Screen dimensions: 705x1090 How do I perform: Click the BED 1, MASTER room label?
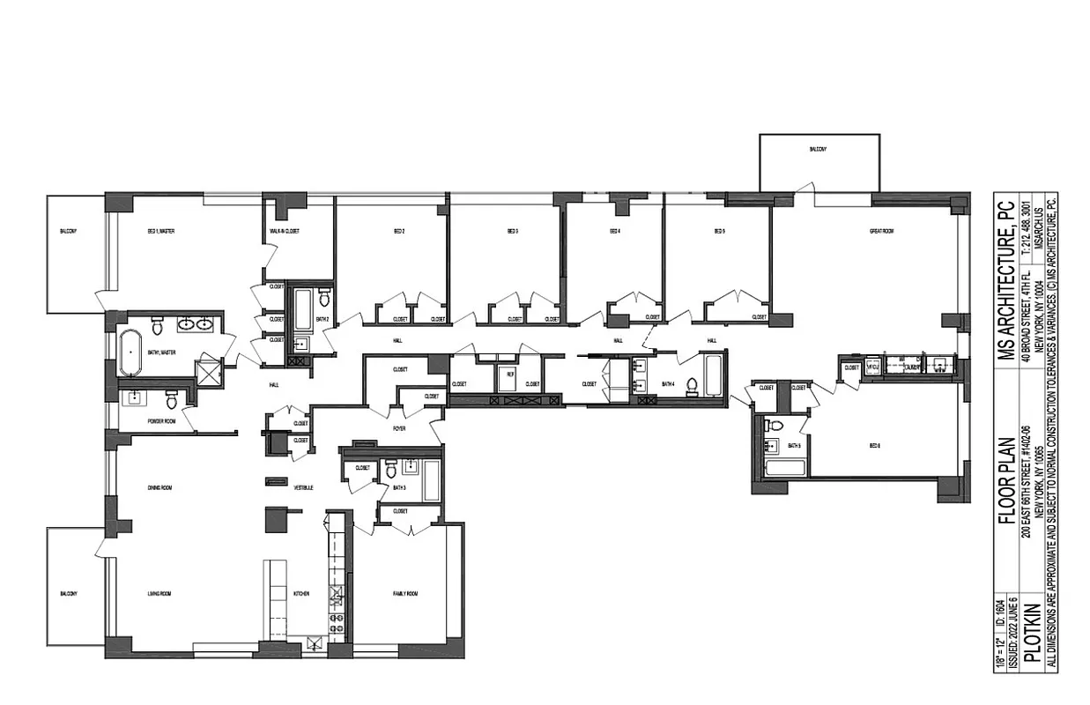(160, 232)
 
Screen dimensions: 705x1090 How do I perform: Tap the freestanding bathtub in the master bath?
(132, 351)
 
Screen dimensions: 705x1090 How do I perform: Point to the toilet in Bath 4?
(693, 385)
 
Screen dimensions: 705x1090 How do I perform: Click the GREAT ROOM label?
(881, 232)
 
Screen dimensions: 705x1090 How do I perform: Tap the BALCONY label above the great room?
(818, 150)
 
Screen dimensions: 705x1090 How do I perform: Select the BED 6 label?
(875, 447)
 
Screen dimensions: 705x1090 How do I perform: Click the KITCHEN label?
(301, 594)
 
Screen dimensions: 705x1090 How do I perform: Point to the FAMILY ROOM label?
(405, 594)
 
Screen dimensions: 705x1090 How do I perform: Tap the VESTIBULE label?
(304, 487)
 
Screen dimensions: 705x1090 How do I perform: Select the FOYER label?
(398, 428)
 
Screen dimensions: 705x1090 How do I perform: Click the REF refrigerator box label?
(508, 375)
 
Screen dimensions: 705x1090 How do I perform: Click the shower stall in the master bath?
(209, 373)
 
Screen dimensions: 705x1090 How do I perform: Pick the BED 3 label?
(512, 232)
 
